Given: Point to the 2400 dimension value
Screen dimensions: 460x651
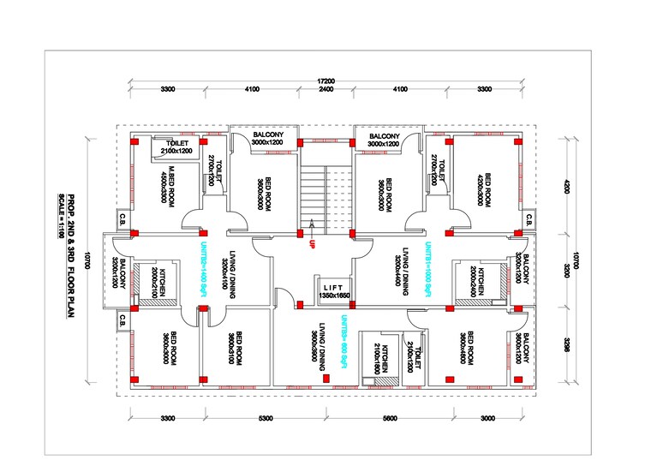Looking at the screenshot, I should click(325, 89).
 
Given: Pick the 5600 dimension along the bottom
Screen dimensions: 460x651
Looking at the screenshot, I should click(390, 418).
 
